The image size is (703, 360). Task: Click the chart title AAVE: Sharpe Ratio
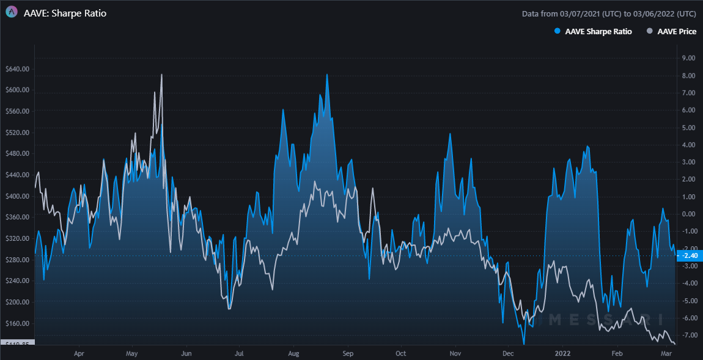tap(65, 13)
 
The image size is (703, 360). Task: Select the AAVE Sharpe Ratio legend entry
tap(593, 31)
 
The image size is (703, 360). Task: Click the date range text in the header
tap(609, 13)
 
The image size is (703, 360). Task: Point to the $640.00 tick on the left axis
tap(17, 69)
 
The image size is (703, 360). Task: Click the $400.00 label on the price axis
tap(17, 196)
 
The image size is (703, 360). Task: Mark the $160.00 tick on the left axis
tap(17, 323)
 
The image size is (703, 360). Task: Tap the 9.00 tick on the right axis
tap(688, 58)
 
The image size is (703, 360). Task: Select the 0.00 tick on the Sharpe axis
tap(688, 214)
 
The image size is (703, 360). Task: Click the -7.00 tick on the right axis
tap(688, 335)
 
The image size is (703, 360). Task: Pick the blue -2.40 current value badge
tap(689, 255)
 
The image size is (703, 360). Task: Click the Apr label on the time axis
tap(78, 353)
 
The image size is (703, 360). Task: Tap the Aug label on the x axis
tap(293, 353)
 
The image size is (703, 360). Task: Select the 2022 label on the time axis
tap(562, 353)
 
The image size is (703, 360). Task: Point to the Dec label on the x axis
tap(508, 353)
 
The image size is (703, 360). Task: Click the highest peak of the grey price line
tap(161, 75)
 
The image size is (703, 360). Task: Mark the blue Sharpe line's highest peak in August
tap(327, 75)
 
